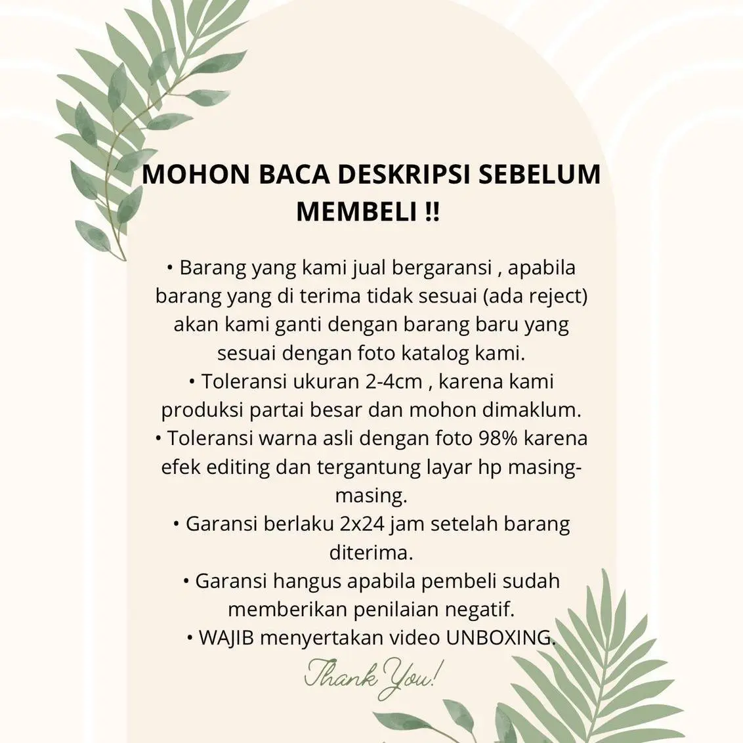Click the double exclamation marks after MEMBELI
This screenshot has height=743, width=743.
click(433, 211)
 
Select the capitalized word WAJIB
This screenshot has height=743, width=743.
click(226, 637)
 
